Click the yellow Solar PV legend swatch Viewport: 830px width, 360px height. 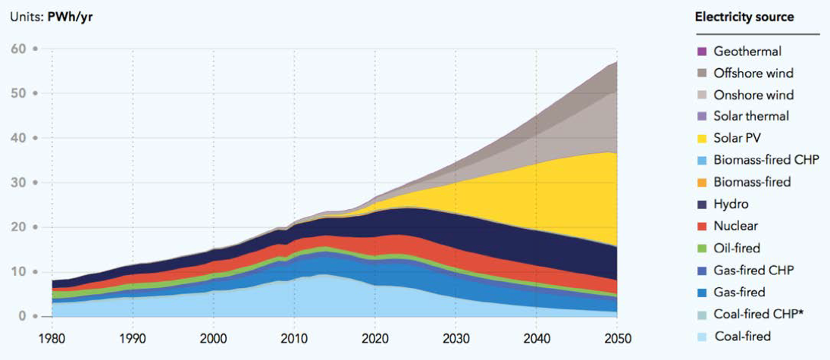click(700, 139)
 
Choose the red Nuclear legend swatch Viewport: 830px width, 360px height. click(700, 227)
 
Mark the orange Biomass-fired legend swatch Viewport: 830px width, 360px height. click(700, 183)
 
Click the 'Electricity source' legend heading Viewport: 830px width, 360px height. click(744, 17)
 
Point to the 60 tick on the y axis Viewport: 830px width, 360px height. click(18, 49)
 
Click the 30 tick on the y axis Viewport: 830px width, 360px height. click(18, 183)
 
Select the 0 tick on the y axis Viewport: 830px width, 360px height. click(23, 316)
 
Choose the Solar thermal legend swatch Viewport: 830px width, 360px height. click(700, 117)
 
